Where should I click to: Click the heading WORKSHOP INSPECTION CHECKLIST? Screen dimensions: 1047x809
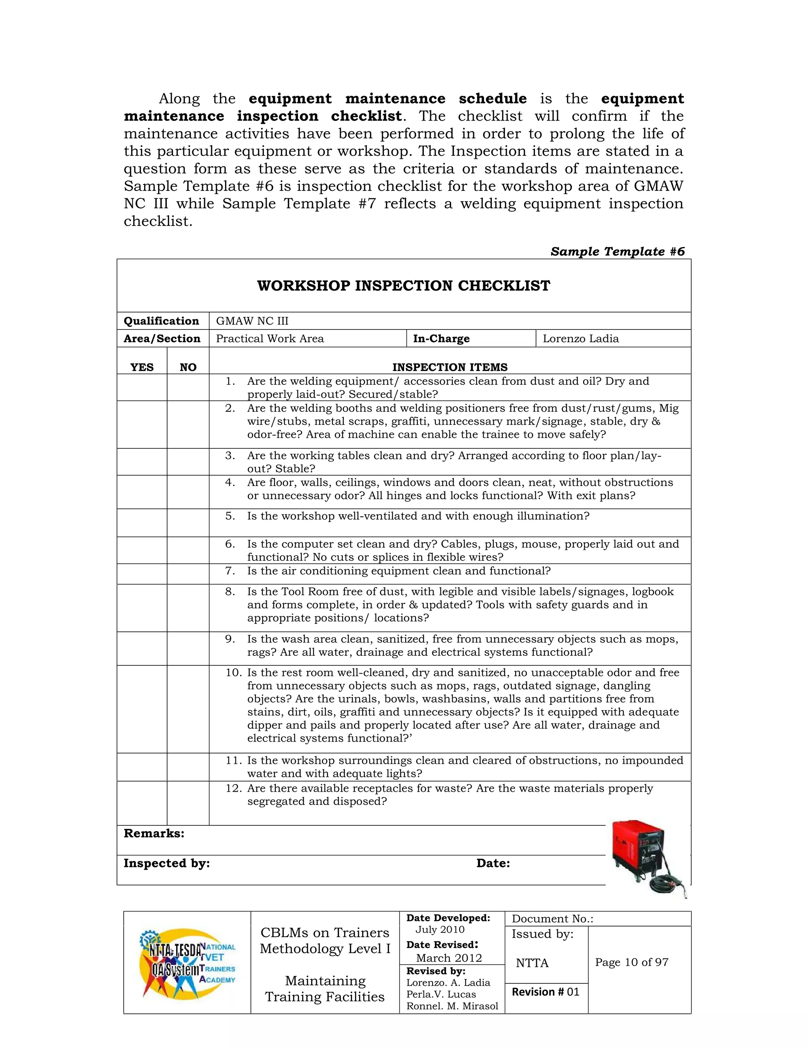pyautogui.click(x=404, y=286)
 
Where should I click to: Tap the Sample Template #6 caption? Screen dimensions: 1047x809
pyautogui.click(x=617, y=252)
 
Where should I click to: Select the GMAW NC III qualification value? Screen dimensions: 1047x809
pyautogui.click(x=252, y=321)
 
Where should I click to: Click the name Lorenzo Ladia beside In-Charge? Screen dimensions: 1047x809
pyautogui.click(x=580, y=339)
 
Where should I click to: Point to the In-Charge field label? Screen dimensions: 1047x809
pyautogui.click(x=441, y=339)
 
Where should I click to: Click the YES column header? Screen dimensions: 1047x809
pyautogui.click(x=142, y=367)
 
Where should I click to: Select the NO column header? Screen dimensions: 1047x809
pyautogui.click(x=188, y=367)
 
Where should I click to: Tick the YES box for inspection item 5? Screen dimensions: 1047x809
pyautogui.click(x=142, y=523)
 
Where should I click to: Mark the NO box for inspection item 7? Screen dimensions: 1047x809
pyautogui.click(x=188, y=574)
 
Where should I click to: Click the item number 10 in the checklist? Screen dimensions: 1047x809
pyautogui.click(x=233, y=672)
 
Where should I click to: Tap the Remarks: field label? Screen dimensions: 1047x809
pyautogui.click(x=154, y=833)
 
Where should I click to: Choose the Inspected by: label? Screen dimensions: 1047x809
pyautogui.click(x=166, y=863)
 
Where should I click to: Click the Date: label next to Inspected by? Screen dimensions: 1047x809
pyautogui.click(x=493, y=863)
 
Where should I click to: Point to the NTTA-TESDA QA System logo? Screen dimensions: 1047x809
pyautogui.click(x=187, y=962)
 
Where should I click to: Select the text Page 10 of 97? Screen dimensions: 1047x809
pyautogui.click(x=631, y=962)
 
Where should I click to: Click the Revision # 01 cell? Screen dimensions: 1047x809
pyautogui.click(x=546, y=992)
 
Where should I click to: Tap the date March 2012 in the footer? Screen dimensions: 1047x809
pyautogui.click(x=449, y=958)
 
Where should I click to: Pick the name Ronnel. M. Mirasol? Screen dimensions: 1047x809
pyautogui.click(x=452, y=1006)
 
